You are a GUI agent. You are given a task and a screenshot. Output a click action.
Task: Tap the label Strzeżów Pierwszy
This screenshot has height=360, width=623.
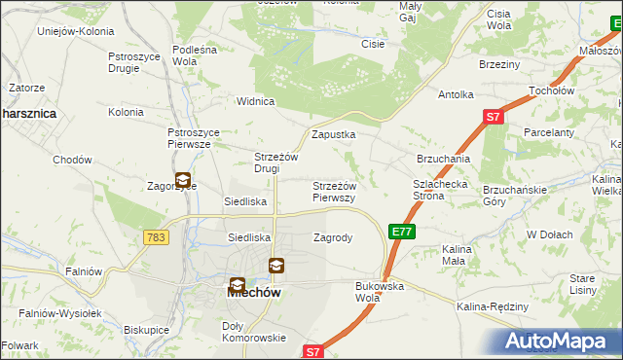tap(334, 191)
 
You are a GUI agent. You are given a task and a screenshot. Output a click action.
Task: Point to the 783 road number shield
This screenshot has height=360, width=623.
tap(154, 237)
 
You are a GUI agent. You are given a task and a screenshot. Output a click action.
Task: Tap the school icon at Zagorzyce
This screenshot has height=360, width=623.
tap(183, 179)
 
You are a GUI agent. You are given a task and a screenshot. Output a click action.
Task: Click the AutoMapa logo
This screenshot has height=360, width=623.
tap(558, 342)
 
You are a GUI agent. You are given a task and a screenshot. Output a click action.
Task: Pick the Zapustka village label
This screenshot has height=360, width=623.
tap(333, 134)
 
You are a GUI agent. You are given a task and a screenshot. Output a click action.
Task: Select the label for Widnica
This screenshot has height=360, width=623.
tap(257, 101)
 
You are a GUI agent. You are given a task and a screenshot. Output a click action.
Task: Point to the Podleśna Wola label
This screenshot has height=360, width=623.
tap(199, 54)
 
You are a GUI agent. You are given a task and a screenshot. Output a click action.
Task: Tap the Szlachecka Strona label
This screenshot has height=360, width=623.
tap(443, 189)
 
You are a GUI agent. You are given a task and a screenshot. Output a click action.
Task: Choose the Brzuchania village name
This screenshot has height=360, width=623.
tap(443, 158)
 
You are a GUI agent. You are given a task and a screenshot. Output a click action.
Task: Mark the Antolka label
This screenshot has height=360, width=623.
tap(456, 94)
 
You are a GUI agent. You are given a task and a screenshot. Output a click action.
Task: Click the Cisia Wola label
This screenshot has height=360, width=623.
tap(499, 19)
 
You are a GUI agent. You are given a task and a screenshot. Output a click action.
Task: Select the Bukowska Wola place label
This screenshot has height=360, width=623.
tap(380, 292)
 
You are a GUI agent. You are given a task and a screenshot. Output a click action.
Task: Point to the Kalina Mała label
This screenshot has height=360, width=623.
tap(457, 255)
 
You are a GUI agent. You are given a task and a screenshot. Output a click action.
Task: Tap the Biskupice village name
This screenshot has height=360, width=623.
tap(147, 331)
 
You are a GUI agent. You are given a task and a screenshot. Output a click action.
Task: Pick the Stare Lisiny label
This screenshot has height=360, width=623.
tap(582, 284)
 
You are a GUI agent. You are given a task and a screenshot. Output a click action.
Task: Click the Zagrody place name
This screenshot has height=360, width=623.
tap(332, 237)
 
